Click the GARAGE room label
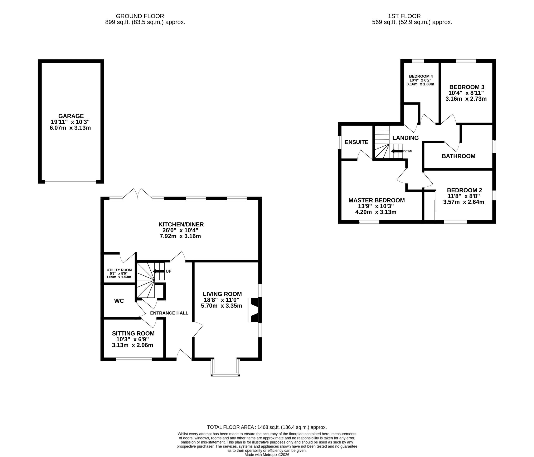click(71, 116)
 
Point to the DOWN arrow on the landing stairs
click(397, 151)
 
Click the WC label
click(119, 301)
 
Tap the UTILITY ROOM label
click(119, 270)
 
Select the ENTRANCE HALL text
click(169, 313)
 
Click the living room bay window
click(225, 368)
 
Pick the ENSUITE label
click(356, 142)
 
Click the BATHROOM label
click(458, 156)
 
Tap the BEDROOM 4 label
click(421, 76)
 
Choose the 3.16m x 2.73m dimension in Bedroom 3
click(466, 99)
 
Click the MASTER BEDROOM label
click(377, 200)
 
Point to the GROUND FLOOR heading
click(140, 16)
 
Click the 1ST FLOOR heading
click(404, 16)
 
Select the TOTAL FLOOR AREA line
click(267, 427)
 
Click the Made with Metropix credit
click(267, 455)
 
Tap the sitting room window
click(134, 359)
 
